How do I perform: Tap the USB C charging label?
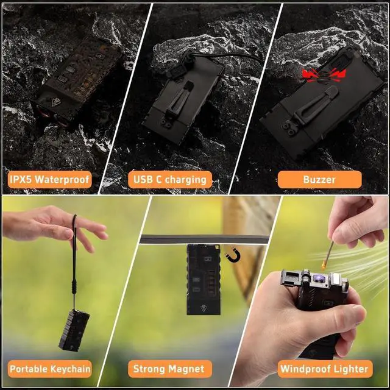coord(171,180)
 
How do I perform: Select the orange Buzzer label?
coord(319,180)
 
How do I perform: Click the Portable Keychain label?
coord(50,369)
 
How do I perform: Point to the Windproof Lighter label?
coord(324,369)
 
